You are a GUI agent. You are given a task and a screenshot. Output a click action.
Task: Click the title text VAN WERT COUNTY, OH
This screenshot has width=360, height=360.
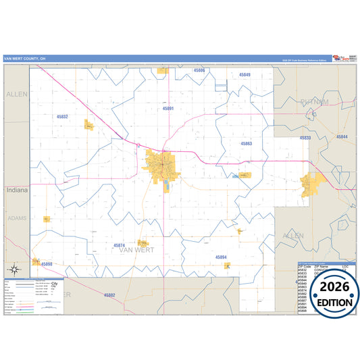(25, 59)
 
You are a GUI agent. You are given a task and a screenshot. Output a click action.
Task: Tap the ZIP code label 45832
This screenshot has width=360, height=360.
(62, 117)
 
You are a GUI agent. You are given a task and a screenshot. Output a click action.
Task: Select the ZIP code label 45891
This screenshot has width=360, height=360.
(168, 108)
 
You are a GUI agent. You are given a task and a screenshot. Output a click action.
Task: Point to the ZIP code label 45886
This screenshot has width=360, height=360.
(199, 70)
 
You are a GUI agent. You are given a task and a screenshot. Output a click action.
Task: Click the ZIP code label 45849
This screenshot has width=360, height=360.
(245, 75)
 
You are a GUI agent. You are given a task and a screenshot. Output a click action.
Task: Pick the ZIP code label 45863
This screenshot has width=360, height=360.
(247, 143)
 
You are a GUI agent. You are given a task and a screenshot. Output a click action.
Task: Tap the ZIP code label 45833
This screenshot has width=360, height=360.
(305, 138)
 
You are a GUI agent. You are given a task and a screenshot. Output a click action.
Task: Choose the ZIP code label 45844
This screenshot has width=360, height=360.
(342, 137)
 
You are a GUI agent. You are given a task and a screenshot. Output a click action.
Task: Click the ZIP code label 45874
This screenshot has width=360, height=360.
(120, 245)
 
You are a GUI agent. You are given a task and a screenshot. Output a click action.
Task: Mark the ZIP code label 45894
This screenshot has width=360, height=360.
(221, 257)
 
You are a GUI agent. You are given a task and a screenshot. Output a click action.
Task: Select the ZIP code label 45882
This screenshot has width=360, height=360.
(109, 295)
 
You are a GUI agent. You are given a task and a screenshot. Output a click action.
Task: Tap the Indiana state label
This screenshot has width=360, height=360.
(17, 190)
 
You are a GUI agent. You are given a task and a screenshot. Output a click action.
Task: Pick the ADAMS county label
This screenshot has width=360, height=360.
(16, 218)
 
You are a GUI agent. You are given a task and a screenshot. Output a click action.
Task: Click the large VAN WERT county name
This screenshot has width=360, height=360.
(136, 251)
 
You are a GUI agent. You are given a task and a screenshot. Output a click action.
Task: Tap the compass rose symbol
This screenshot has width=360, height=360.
(35, 262)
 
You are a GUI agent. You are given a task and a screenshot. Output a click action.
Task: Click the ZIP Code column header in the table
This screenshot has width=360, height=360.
(305, 267)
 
